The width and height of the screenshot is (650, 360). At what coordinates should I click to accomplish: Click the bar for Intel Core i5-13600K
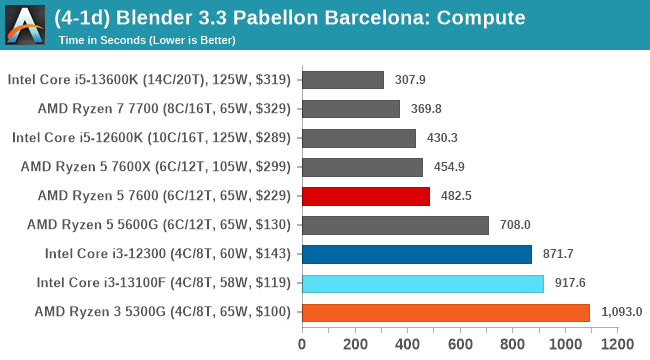(342, 80)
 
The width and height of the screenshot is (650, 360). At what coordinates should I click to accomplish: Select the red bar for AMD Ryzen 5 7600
(365, 196)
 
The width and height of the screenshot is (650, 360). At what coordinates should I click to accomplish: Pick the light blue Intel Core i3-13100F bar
(422, 283)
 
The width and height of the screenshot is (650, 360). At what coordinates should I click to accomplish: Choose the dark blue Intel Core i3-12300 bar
(416, 254)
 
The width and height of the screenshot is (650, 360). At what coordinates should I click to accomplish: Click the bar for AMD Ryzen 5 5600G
(394, 225)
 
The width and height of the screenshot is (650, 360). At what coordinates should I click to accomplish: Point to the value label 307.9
(409, 80)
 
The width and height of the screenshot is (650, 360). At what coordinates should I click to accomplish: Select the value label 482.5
(455, 196)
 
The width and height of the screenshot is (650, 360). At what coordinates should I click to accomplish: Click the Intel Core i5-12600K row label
(152, 138)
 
